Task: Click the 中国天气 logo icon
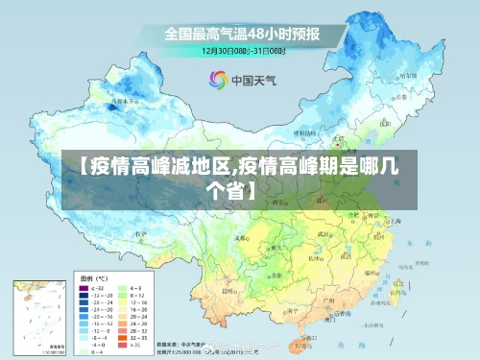pyautogui.click(x=218, y=80)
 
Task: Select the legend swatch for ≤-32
pyautogui.click(x=82, y=287)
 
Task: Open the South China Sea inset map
pyautogui.click(x=37, y=316)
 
